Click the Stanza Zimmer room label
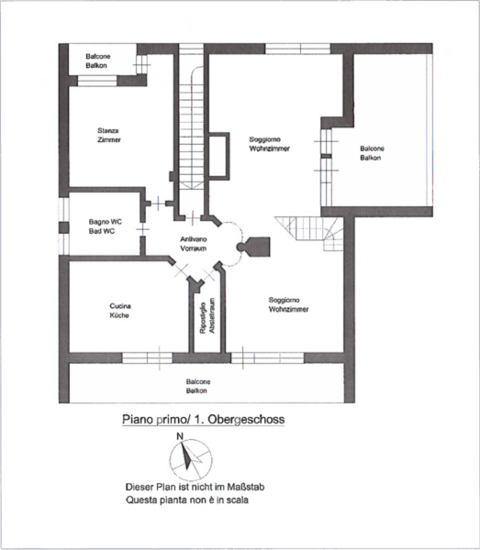pyautogui.click(x=109, y=135)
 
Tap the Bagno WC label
pyautogui.click(x=105, y=222)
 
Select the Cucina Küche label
pyautogui.click(x=119, y=311)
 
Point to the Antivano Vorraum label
pyautogui.click(x=193, y=244)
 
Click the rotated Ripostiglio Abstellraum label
pyautogui.click(x=207, y=315)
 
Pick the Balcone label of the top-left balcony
pyautogui.click(x=98, y=56)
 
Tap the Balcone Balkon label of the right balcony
pyautogui.click(x=372, y=153)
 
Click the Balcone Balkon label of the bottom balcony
pyautogui.click(x=197, y=386)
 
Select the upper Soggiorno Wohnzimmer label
pyautogui.click(x=269, y=144)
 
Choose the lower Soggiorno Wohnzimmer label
pyautogui.click(x=288, y=304)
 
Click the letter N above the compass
pyautogui.click(x=180, y=436)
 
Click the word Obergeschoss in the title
pyautogui.click(x=246, y=420)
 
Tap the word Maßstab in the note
pyautogui.click(x=245, y=487)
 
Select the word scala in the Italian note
pyautogui.click(x=237, y=500)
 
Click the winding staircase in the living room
pyautogui.click(x=309, y=233)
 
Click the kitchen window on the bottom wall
pyautogui.click(x=147, y=357)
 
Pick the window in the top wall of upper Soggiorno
pyautogui.click(x=297, y=49)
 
